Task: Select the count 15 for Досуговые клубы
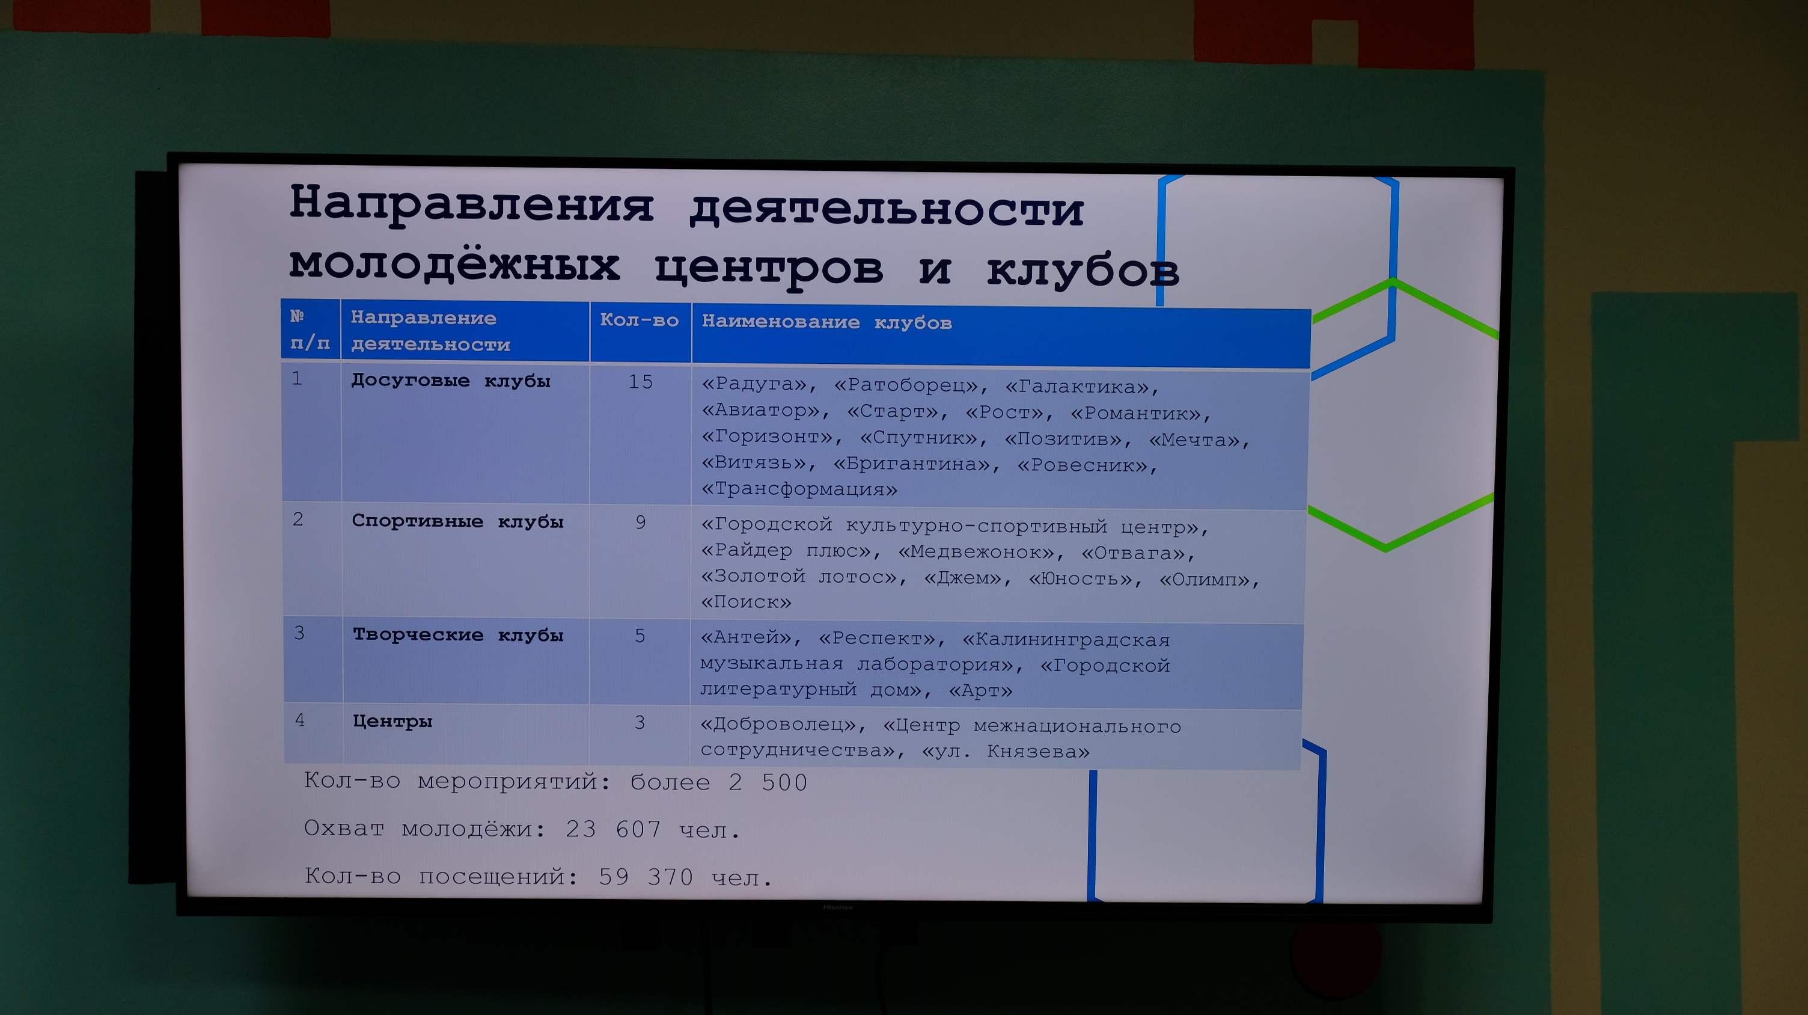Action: coord(640,382)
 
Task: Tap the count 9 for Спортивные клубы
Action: coord(640,523)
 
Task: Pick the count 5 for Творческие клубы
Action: coord(640,636)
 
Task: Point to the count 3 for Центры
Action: coord(640,722)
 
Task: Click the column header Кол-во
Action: coord(640,320)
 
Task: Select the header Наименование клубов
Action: coord(827,322)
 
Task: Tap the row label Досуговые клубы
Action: coord(451,381)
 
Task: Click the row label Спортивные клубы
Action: coord(457,521)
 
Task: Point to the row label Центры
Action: coord(392,721)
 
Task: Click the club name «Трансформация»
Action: coord(799,488)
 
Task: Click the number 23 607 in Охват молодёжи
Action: coord(614,830)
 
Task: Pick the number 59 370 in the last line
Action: coord(646,877)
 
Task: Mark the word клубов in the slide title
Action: coord(1083,269)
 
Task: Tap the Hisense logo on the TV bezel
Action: coord(837,907)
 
